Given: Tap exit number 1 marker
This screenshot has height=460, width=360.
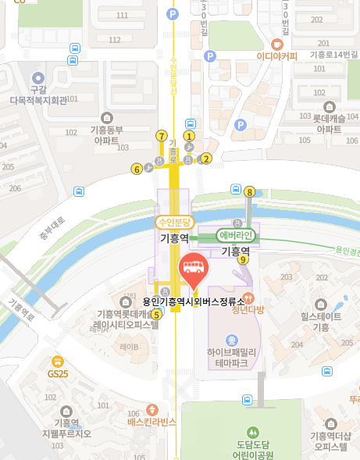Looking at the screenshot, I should (188, 136).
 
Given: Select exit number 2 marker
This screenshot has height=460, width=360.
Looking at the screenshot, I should (207, 158).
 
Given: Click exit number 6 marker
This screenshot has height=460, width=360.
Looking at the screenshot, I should (137, 168).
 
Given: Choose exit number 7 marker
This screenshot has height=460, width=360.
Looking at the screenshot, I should (162, 136).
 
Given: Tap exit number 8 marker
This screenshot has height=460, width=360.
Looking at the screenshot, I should (250, 191).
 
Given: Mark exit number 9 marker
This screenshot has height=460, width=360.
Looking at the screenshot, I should (244, 260).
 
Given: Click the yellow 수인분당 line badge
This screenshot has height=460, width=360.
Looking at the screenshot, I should (174, 221).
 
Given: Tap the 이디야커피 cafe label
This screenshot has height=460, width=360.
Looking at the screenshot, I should (277, 55).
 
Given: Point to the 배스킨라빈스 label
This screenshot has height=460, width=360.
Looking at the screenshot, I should (153, 422).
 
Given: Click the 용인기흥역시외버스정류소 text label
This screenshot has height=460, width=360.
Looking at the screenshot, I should (193, 300).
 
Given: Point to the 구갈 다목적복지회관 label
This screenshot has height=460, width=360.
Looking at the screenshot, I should (35, 96).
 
